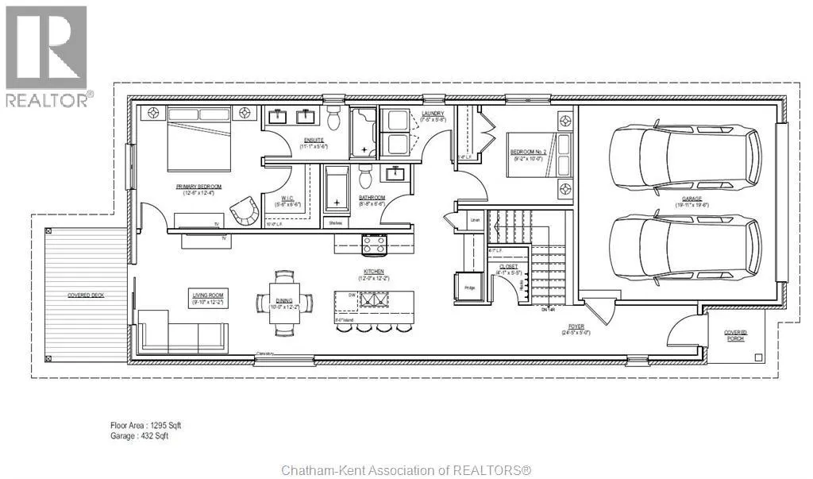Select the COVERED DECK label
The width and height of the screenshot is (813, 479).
[86, 296]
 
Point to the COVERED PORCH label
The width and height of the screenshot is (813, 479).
[735, 336]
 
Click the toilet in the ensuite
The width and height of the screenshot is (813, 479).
[333, 119]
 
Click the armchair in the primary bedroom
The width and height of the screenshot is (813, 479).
[245, 211]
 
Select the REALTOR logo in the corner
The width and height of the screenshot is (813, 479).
[47, 56]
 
